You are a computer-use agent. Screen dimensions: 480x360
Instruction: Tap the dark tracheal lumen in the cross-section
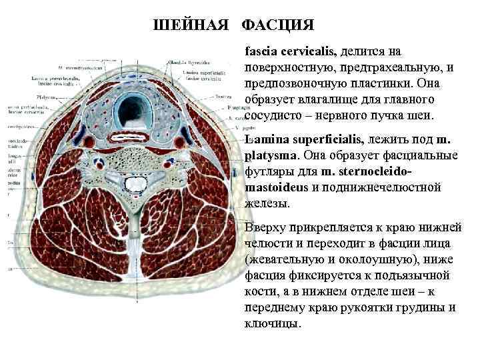(x=133, y=106)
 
